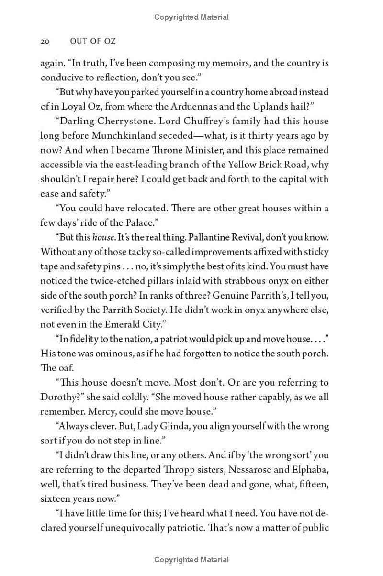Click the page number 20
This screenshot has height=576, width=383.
click(45, 41)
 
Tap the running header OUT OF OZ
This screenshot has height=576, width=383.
click(92, 41)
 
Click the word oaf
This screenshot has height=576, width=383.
click(66, 368)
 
